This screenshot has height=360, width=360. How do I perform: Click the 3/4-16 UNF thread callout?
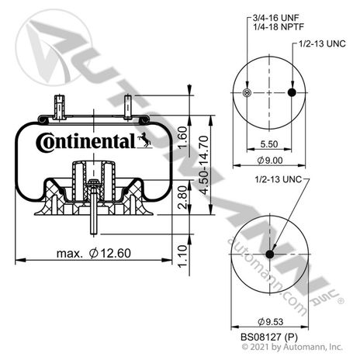pyautogui.click(x=275, y=18)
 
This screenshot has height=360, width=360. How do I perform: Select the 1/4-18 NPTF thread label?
pyautogui.click(x=278, y=26)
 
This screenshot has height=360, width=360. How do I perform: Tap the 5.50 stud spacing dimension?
pyautogui.click(x=269, y=144)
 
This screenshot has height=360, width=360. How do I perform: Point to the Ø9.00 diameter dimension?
pyautogui.click(x=270, y=161)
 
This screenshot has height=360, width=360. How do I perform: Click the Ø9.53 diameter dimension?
pyautogui.click(x=270, y=322)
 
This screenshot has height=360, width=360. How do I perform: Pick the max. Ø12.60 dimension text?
pyautogui.click(x=94, y=253)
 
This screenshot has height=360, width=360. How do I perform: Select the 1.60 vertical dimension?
pyautogui.click(x=183, y=137)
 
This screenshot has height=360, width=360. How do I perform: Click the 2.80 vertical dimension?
pyautogui.click(x=183, y=197)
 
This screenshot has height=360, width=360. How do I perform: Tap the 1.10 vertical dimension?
pyautogui.click(x=183, y=256)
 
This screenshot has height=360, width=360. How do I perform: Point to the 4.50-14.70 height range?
pyautogui.click(x=204, y=165)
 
